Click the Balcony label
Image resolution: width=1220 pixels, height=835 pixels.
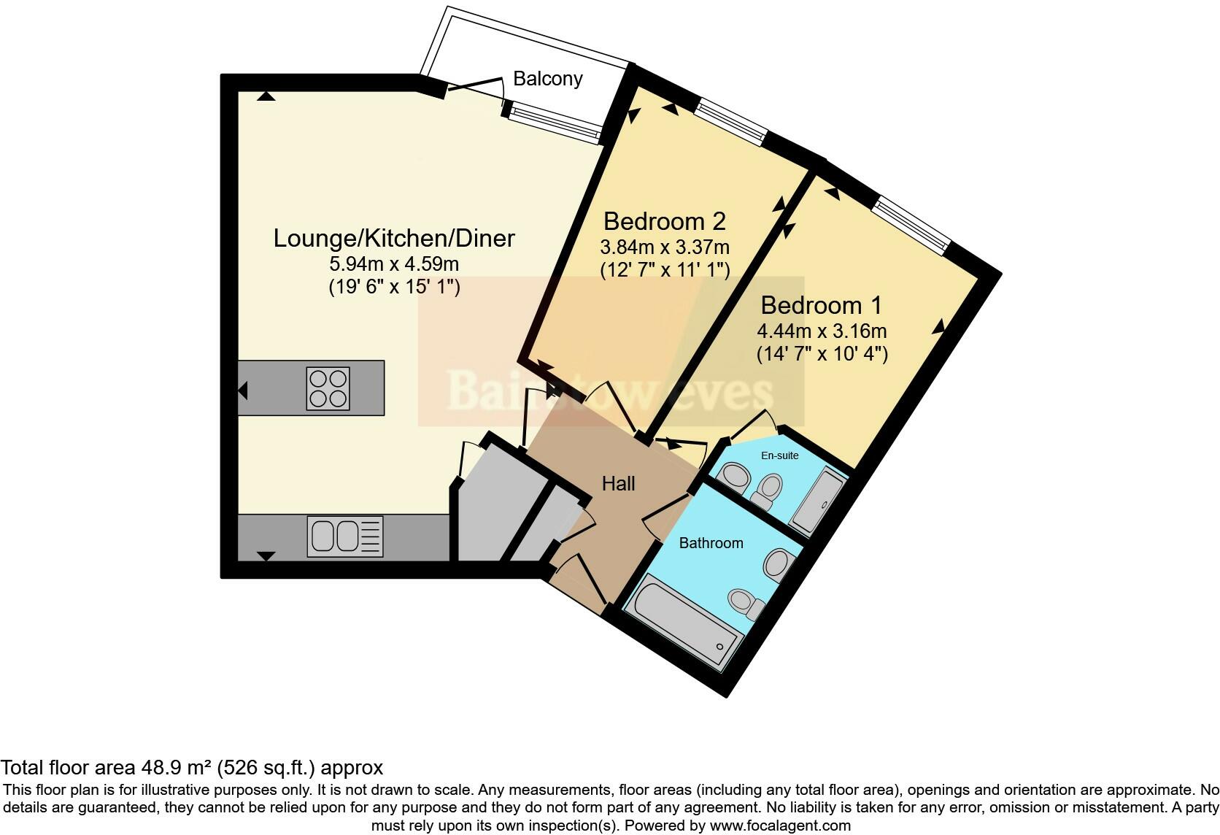[x=547, y=78]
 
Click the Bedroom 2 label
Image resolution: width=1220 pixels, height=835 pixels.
[x=665, y=220]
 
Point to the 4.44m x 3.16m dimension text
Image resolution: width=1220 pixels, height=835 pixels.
[x=822, y=331]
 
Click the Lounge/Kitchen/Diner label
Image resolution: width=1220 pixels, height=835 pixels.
[x=394, y=238]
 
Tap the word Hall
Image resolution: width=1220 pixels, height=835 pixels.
[x=618, y=483]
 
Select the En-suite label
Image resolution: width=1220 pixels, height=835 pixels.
[x=780, y=455]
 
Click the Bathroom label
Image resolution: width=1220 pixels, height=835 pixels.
[x=711, y=543]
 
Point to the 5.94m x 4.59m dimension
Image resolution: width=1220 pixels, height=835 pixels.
[x=394, y=263]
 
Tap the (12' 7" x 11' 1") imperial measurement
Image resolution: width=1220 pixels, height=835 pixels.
[x=665, y=270]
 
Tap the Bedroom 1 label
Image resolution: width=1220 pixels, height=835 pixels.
[x=822, y=304]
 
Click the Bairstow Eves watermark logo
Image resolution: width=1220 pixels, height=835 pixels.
[x=610, y=391]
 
